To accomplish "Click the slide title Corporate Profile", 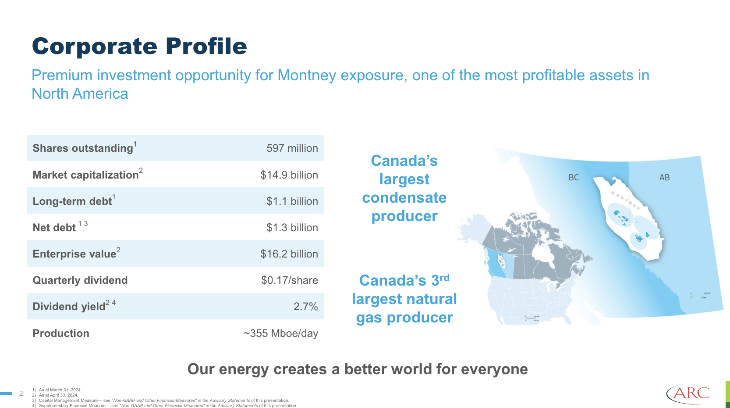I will click(x=139, y=47).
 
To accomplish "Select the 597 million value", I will click(x=292, y=148).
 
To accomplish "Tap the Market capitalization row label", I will click(x=85, y=175).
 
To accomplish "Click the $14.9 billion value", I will click(x=289, y=175).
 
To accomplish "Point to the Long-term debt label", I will click(x=72, y=201).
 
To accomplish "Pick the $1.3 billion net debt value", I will click(x=292, y=228).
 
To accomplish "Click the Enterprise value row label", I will click(x=74, y=254).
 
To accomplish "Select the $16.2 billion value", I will click(x=289, y=254).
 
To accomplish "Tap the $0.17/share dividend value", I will click(x=289, y=280).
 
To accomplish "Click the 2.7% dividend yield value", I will click(x=305, y=307).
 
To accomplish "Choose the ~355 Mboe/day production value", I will click(x=280, y=333).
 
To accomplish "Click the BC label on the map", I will click(x=574, y=178).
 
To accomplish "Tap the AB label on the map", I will click(x=664, y=178).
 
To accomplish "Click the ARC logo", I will click(x=688, y=393).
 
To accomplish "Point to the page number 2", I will click(x=21, y=394).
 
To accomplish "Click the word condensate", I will click(x=404, y=198).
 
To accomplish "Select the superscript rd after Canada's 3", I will click(x=444, y=278).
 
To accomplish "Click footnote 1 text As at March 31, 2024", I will click(x=60, y=390).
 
